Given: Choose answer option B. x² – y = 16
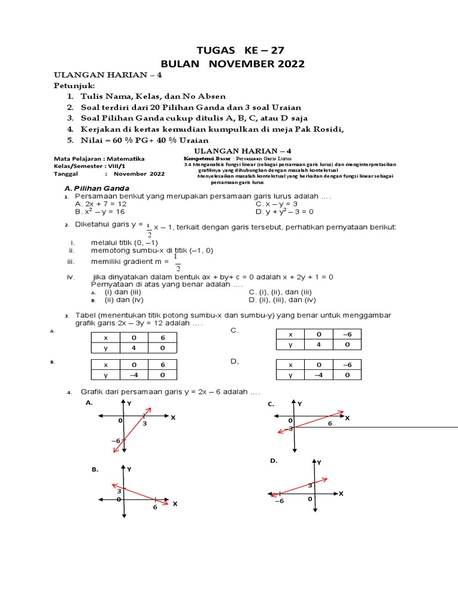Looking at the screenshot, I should [99, 211].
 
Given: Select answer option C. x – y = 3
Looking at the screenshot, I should [276, 204].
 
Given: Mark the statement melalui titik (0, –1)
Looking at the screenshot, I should [123, 242].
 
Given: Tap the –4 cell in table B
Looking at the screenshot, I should [134, 375].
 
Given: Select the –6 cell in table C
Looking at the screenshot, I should [348, 334].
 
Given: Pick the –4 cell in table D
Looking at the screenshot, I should [319, 375].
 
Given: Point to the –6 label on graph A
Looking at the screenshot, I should [116, 440].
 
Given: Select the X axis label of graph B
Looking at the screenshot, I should [175, 504].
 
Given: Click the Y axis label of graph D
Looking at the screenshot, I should [320, 462].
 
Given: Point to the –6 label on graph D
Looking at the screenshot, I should [278, 502].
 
